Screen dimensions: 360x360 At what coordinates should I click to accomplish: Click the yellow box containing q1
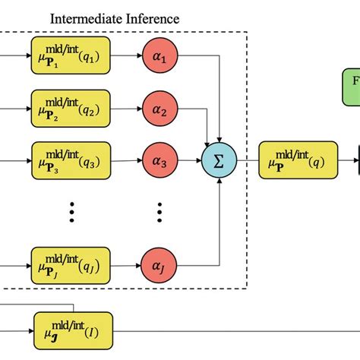pos(71,57)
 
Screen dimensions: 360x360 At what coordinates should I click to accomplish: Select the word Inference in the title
pos(153,17)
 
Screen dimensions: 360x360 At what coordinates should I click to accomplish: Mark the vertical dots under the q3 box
pos(71,212)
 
